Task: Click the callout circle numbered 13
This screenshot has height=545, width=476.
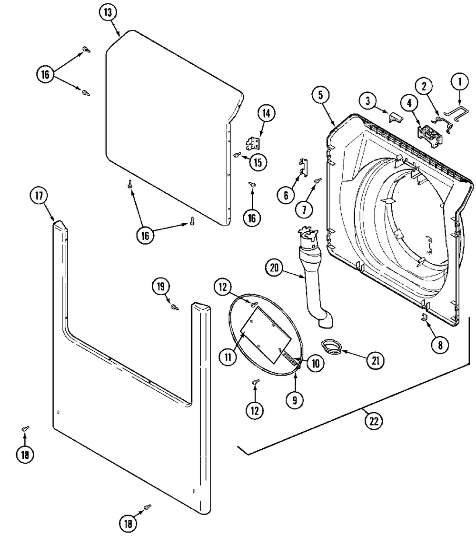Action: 108,13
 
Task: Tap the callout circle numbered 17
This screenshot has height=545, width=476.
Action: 39,196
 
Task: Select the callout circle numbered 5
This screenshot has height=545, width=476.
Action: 321,95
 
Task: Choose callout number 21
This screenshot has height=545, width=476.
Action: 375,361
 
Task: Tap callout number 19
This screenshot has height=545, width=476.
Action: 161,286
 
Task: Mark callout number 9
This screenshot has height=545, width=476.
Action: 294,400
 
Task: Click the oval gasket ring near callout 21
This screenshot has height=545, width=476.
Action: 330,347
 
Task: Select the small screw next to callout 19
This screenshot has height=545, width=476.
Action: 175,307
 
